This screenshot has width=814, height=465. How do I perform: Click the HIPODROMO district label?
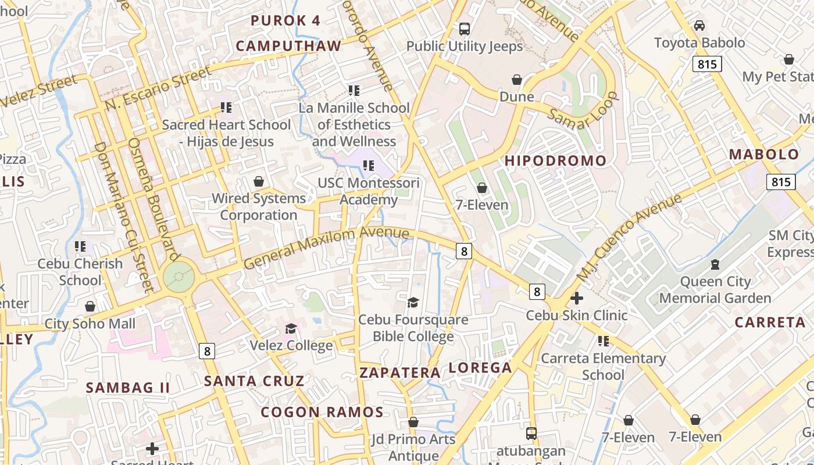click(x=555, y=161)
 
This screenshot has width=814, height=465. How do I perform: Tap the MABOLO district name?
click(x=764, y=155)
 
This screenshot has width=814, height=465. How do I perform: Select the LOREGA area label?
click(x=480, y=367)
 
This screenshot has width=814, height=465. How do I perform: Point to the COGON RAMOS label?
click(x=322, y=412)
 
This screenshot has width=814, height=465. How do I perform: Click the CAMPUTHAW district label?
click(x=288, y=46)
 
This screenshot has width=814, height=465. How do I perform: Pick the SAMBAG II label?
click(x=128, y=388)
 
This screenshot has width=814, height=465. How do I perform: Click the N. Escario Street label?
click(x=158, y=89)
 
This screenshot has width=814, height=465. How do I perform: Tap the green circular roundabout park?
click(x=178, y=277)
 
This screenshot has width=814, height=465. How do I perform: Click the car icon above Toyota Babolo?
click(x=699, y=26)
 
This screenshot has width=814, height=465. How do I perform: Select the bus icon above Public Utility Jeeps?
click(x=464, y=28)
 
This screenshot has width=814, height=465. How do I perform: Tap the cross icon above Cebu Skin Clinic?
click(x=577, y=299)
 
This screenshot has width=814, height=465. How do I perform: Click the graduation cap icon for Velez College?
click(x=291, y=329)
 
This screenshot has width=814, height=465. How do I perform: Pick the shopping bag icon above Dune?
click(x=517, y=80)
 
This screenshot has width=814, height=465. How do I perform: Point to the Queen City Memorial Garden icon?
click(x=715, y=265)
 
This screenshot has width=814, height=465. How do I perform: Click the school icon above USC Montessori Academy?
click(x=368, y=166)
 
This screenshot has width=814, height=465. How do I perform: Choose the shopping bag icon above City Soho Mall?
click(x=90, y=306)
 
